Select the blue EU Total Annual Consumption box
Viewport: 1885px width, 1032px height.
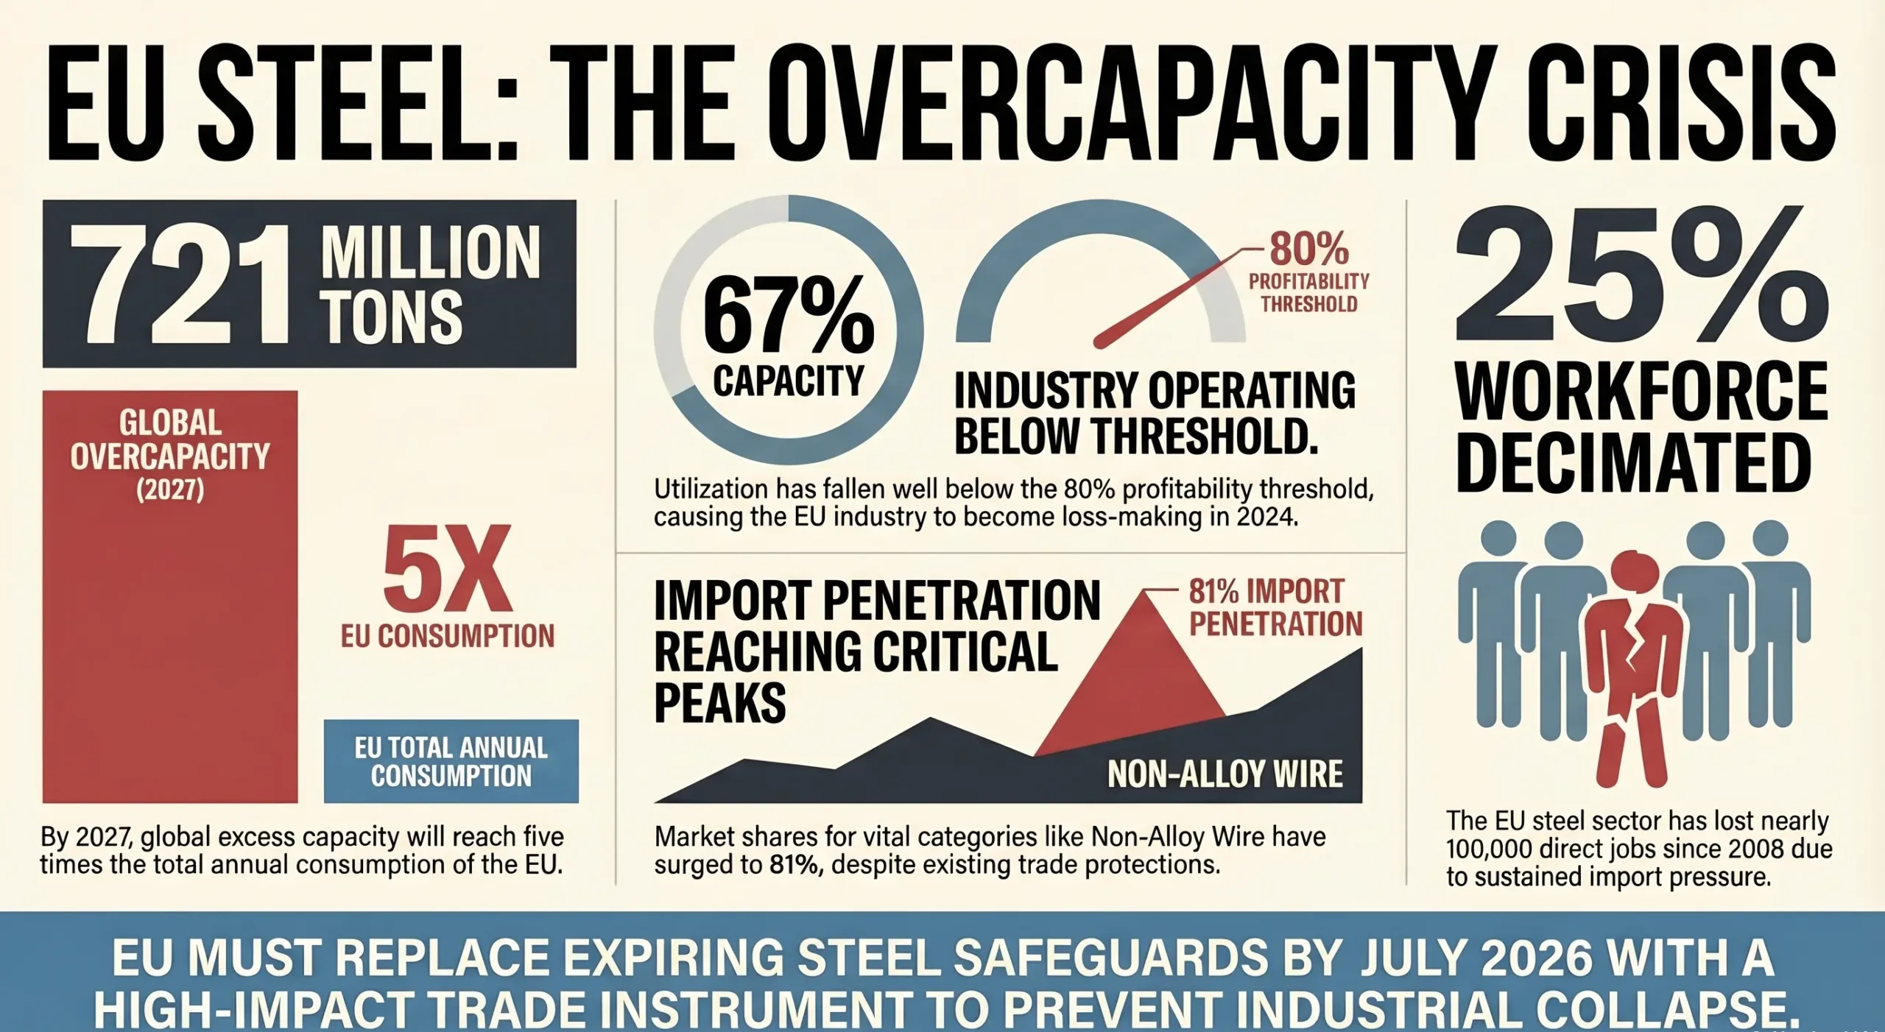pyautogui.click(x=451, y=761)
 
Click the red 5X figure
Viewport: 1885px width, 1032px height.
pyautogui.click(x=447, y=569)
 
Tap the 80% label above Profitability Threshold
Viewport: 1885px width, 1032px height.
pyautogui.click(x=1308, y=249)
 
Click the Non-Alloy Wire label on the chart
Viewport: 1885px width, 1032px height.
pyautogui.click(x=1225, y=774)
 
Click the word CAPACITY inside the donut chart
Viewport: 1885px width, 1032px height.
pyautogui.click(x=788, y=381)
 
